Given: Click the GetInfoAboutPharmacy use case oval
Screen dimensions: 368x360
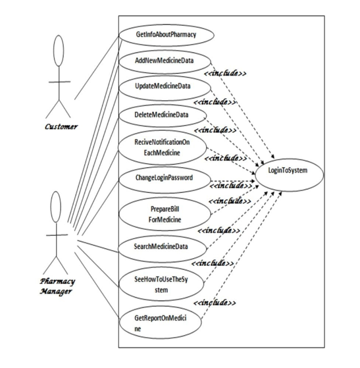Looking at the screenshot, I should (165, 34).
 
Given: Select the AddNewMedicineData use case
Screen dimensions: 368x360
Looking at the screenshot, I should (165, 61).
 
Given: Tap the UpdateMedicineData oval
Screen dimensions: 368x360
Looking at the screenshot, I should (163, 87).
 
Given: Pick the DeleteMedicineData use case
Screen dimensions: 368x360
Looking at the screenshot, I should (161, 115).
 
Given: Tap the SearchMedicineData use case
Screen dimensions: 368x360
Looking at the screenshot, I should (161, 247).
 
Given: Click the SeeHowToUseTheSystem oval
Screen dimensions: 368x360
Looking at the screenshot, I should (161, 284).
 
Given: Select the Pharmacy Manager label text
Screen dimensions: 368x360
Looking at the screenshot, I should (55, 284).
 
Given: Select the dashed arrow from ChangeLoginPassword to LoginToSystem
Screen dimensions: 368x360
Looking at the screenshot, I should (230, 178).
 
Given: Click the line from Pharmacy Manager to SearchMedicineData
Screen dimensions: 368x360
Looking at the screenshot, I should (99, 246).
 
